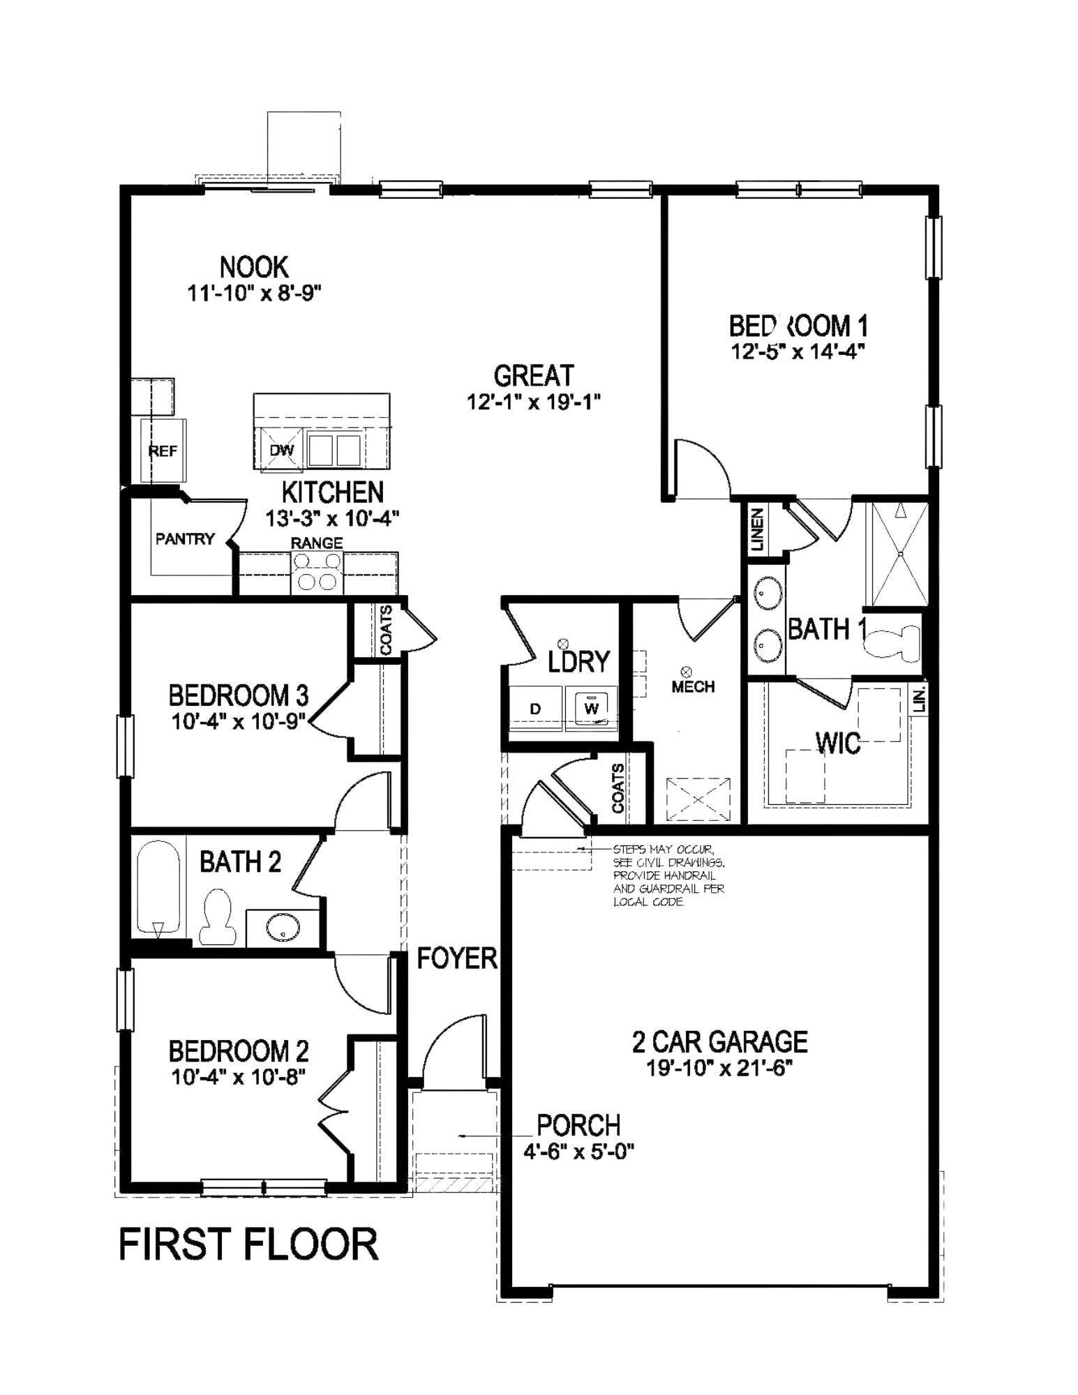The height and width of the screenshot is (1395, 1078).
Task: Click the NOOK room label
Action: (254, 267)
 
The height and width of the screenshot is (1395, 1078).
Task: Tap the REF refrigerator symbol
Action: (163, 451)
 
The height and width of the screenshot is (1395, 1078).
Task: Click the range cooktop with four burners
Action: (317, 572)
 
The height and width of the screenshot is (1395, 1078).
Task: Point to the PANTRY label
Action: (185, 538)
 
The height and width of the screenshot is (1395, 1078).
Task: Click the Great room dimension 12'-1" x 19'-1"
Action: (534, 402)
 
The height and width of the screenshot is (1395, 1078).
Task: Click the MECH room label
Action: (693, 686)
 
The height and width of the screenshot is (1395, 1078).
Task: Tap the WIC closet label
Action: (838, 744)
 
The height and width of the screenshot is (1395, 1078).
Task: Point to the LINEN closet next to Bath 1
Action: (758, 529)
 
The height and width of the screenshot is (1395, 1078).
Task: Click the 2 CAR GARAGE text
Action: (719, 1042)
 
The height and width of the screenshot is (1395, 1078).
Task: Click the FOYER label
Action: (457, 959)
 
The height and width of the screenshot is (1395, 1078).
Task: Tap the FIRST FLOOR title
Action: (248, 1245)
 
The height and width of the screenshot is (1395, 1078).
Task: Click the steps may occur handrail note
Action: (668, 875)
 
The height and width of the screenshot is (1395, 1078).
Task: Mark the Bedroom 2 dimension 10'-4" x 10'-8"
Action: (239, 1077)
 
